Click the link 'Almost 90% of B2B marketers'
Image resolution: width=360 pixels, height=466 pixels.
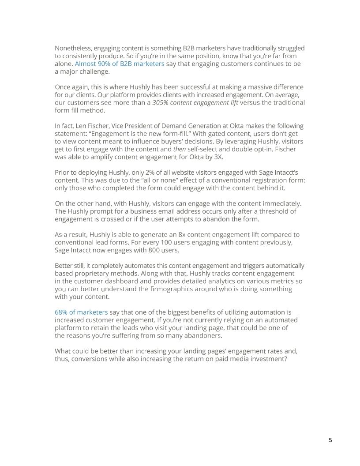120,64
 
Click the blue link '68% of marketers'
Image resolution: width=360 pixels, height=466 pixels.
81,312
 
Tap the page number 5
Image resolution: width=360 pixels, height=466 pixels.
330,440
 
